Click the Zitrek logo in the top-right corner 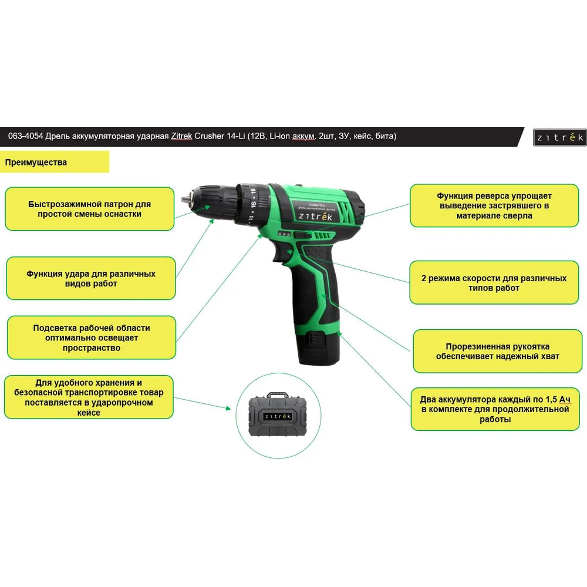[x=559, y=137]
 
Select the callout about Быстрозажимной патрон [x=89, y=209]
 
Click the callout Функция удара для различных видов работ [x=91, y=278]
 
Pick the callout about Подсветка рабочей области [x=92, y=338]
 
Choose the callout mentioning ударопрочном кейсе [x=89, y=397]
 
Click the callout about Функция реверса [x=494, y=205]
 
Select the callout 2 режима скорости [x=494, y=283]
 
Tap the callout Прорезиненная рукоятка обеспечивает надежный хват [x=498, y=351]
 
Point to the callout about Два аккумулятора [x=495, y=409]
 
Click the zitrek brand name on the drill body [x=315, y=217]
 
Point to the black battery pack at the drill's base [x=318, y=346]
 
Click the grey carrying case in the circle [x=278, y=415]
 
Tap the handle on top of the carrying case [x=278, y=395]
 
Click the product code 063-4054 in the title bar [x=25, y=136]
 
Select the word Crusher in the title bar [x=210, y=136]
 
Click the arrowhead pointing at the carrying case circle [x=228, y=408]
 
